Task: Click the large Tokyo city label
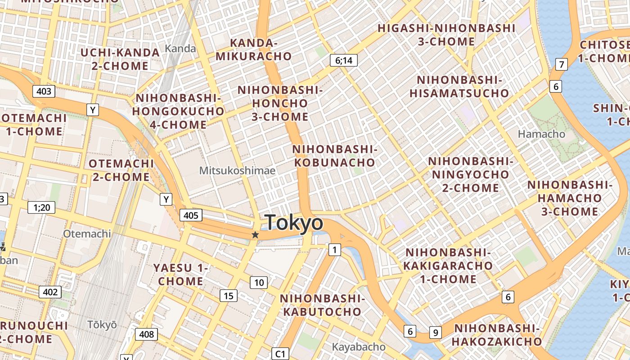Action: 294,223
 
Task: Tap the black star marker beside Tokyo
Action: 255,234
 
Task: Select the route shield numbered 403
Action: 44,91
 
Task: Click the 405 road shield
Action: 191,215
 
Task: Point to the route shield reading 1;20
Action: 41,207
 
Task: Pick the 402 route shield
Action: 50,292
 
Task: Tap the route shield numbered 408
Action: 146,334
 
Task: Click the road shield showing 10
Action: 259,283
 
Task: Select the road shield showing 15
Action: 229,296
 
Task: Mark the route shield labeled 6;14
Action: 343,60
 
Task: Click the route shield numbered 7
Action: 561,64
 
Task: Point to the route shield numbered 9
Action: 435,333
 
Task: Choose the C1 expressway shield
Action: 280,354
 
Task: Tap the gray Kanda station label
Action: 180,48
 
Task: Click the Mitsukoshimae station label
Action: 237,171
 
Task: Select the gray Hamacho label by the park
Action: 541,134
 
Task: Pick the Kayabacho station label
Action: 359,347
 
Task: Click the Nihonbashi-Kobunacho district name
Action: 334,156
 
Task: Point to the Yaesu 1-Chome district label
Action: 180,274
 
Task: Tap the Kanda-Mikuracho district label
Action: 254,49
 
